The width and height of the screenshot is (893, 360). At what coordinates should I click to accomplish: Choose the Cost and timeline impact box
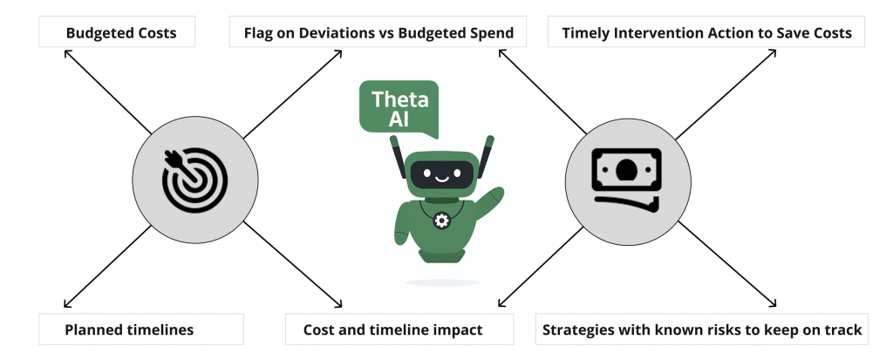tap(392, 330)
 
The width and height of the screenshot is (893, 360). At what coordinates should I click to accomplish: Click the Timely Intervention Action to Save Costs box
tap(706, 34)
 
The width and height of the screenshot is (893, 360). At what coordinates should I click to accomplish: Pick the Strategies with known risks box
tap(702, 330)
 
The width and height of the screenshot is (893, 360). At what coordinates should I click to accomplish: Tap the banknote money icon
tap(626, 177)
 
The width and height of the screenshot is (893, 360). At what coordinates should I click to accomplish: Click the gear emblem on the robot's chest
tap(441, 221)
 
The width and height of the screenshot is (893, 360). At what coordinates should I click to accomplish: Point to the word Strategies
tap(579, 330)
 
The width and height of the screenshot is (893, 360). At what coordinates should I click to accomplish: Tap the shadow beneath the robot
tap(441, 282)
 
